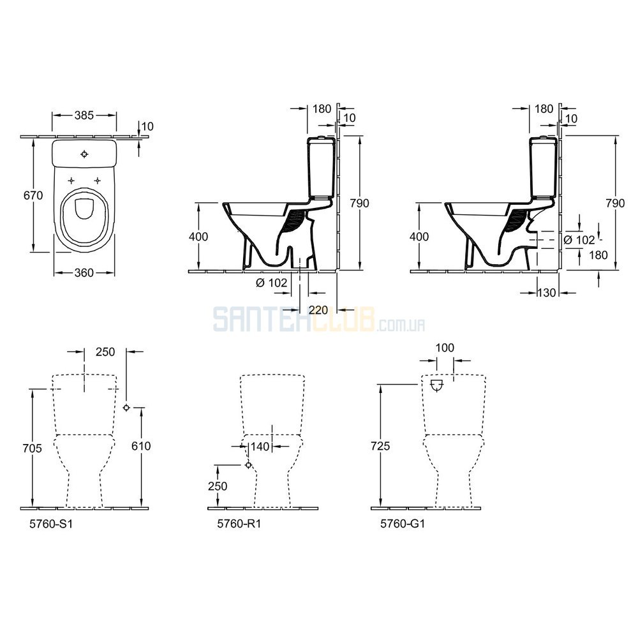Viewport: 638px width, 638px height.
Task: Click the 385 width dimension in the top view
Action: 84,115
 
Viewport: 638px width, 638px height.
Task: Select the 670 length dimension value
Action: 33,195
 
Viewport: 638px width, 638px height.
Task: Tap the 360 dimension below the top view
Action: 84,272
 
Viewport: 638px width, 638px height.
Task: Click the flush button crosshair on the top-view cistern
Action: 84,154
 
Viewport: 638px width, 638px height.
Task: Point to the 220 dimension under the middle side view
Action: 318,310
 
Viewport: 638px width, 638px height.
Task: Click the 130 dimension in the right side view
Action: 547,293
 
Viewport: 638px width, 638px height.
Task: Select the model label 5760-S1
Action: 51,524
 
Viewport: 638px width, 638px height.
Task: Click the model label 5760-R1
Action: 239,524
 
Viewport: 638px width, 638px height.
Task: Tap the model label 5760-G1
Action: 403,524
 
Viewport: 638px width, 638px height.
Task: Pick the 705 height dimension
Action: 32,448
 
